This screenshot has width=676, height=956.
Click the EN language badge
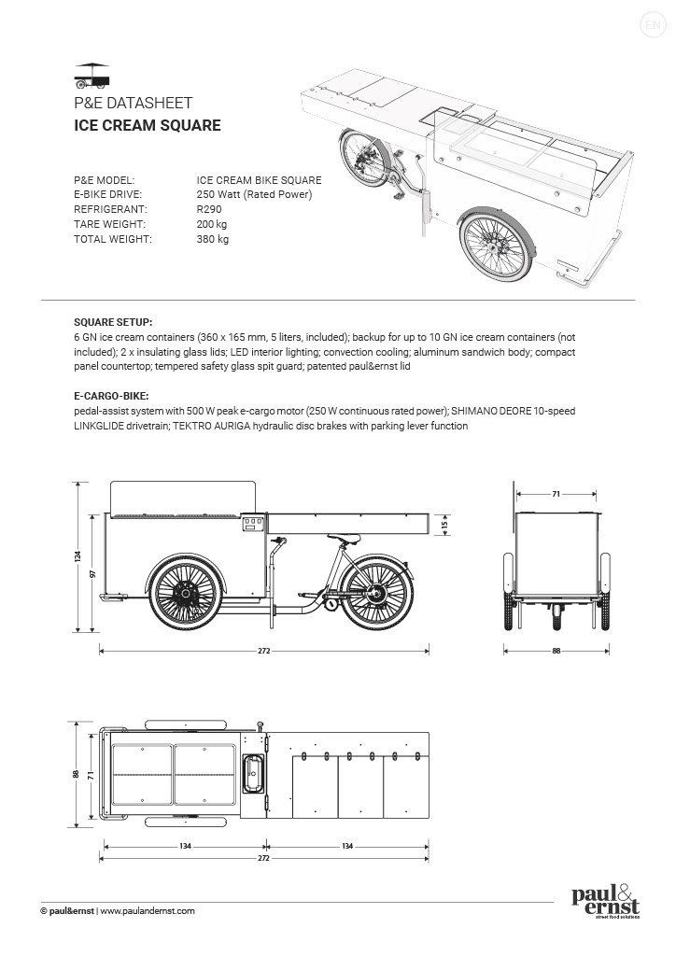pos(651,24)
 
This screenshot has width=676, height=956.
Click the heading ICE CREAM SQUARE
pos(147,125)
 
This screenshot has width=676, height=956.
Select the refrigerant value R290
pos(209,209)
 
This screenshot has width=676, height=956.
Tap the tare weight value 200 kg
pos(212,224)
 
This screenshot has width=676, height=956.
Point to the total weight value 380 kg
pos(212,239)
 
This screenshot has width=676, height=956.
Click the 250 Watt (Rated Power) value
pos(254,194)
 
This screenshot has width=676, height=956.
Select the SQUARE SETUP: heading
pos(112,319)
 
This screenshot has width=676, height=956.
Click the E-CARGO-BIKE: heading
pos(111,396)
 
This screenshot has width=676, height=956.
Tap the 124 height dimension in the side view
pos(78,556)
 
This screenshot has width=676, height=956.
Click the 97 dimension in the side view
pos(93,574)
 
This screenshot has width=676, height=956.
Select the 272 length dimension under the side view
pos(263,651)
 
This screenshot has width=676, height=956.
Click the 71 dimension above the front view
pos(556,493)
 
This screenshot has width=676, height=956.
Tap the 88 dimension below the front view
pos(556,651)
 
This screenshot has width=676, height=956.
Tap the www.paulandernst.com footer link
pos(147,910)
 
